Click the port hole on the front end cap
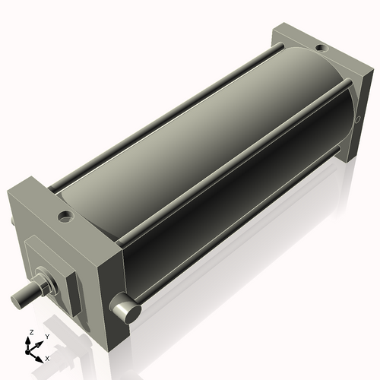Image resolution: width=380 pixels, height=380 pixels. [65, 216]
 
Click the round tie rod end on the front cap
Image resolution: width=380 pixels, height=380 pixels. [125, 309]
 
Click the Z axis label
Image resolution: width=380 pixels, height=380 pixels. [30, 332]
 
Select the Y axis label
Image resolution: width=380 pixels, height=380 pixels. [46, 336]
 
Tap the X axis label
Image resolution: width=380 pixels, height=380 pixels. [47, 357]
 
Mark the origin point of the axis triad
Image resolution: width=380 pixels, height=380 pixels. [32, 349]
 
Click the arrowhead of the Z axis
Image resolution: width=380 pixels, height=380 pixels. [30, 339]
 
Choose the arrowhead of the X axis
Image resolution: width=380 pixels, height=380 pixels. [41, 355]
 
